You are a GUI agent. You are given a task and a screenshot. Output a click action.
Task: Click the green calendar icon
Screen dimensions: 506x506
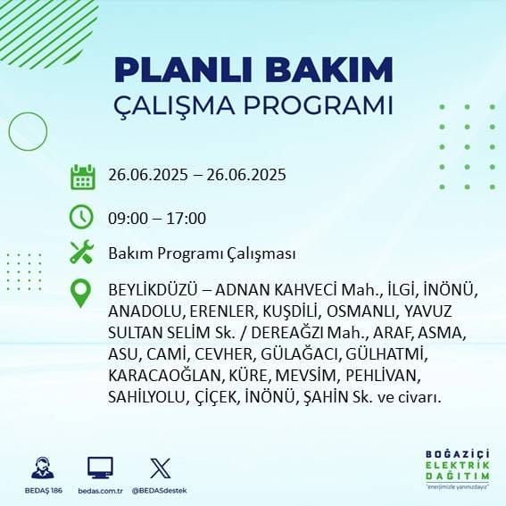(82, 176)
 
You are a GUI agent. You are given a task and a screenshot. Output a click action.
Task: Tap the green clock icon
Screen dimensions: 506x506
(82, 217)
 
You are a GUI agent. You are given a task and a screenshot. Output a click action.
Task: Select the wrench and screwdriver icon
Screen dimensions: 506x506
(82, 253)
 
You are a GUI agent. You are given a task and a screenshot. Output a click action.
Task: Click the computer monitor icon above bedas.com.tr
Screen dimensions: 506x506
(100, 468)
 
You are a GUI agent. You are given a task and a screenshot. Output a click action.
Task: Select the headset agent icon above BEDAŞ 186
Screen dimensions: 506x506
(41, 468)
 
